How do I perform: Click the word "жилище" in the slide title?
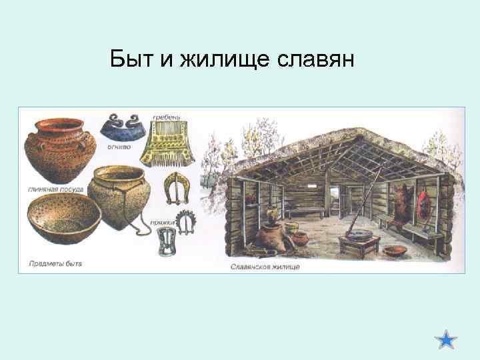coord(215,61)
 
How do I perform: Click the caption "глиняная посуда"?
coord(56,189)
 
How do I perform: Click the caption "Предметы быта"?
coord(55,264)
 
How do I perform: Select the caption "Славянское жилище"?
coord(265,267)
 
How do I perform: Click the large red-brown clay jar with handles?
coord(57,151)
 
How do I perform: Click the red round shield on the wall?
coord(421,203)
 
